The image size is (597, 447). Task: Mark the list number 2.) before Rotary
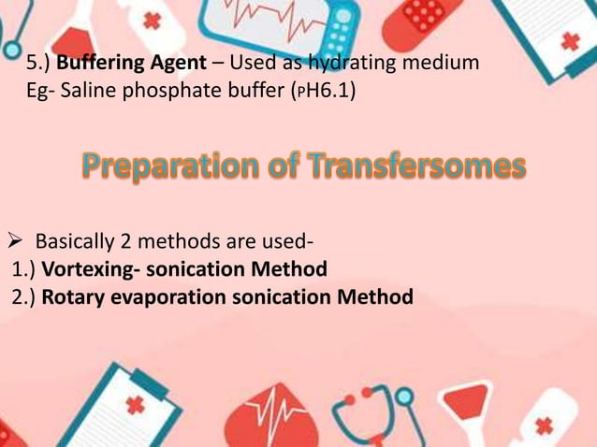click(25, 297)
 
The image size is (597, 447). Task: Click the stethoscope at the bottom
click(370, 411)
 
